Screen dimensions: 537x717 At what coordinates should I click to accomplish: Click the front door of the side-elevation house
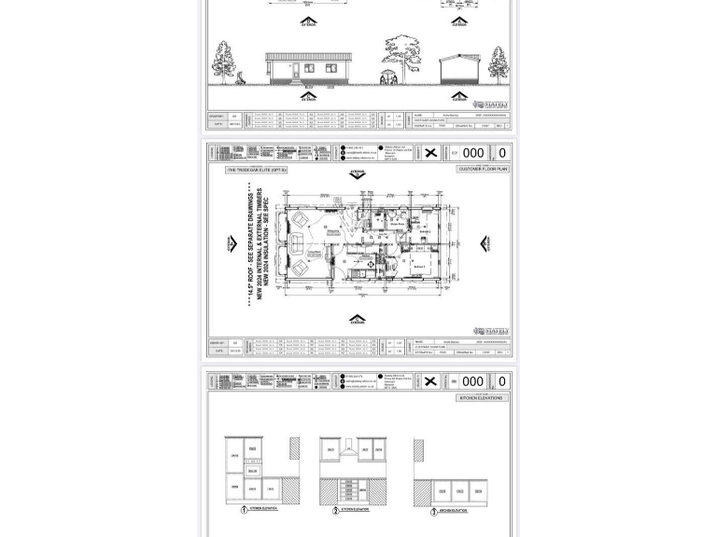(x=296, y=71)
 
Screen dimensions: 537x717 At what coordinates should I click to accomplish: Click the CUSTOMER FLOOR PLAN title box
(x=483, y=169)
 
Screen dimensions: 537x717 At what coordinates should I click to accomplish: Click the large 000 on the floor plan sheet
(x=472, y=153)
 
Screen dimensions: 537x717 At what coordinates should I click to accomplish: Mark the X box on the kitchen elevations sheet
(x=430, y=381)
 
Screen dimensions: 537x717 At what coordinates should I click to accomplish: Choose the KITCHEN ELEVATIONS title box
(x=483, y=397)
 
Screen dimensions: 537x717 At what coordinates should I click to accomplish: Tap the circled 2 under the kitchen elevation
(x=335, y=510)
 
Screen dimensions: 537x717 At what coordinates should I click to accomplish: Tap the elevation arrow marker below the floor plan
(x=358, y=320)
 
